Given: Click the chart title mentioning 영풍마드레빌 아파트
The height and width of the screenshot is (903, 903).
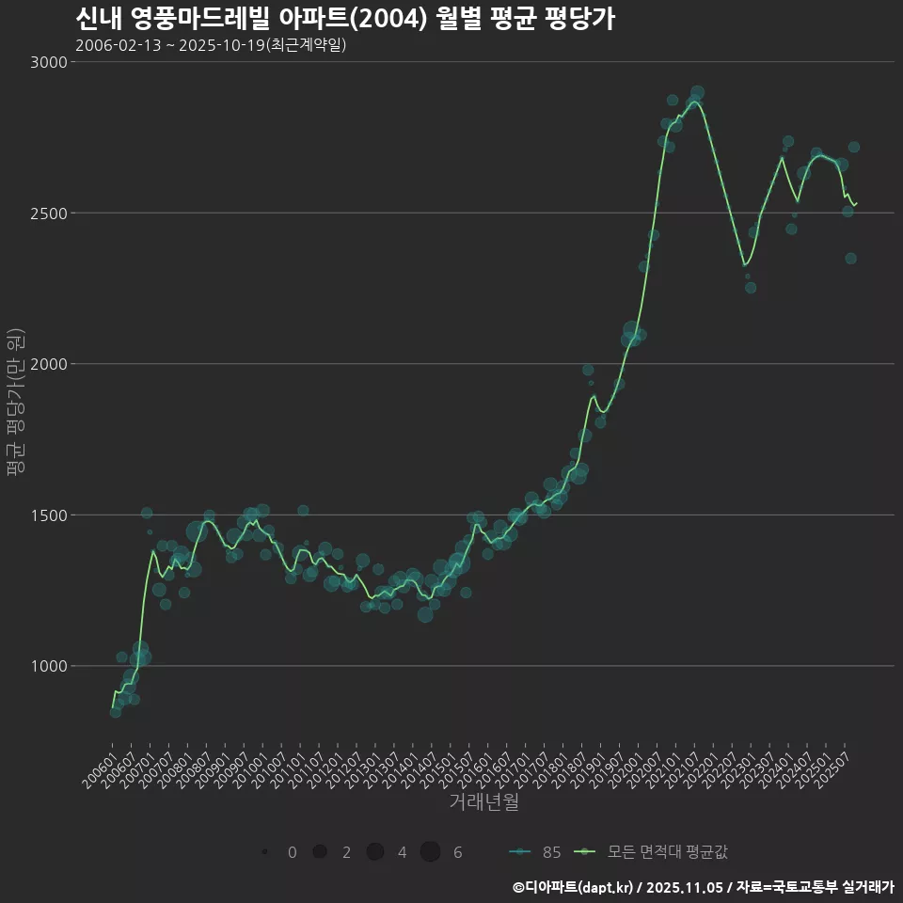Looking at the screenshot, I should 344,19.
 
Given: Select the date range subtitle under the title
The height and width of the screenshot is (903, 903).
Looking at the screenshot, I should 211,45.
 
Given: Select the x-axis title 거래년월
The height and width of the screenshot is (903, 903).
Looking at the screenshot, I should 483,801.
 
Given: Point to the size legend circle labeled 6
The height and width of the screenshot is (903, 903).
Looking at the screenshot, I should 430,852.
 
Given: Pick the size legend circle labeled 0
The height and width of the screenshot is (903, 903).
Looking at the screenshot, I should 265,852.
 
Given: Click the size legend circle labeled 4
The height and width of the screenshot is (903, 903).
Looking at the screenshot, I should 375,852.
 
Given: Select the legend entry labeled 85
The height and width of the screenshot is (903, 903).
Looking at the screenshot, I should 536,852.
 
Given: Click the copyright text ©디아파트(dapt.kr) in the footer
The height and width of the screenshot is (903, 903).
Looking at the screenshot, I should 574,887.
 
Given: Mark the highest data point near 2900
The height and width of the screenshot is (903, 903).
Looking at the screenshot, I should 697,93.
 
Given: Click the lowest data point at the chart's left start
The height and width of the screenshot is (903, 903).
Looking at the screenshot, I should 115,712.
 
